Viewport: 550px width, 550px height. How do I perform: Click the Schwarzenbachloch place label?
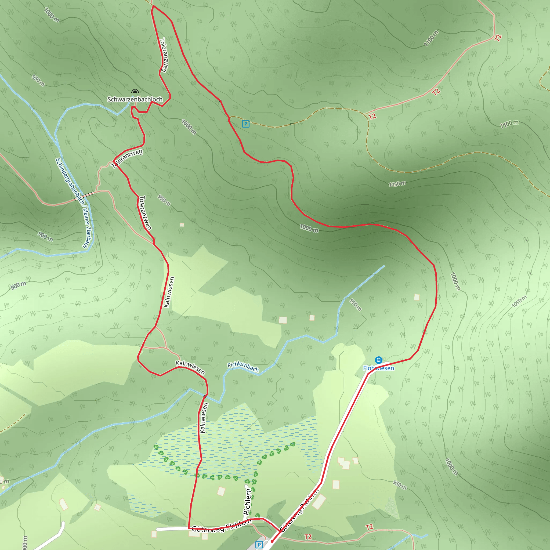pyautogui.click(x=135, y=99)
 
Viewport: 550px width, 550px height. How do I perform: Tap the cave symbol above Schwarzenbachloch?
pyautogui.click(x=135, y=91)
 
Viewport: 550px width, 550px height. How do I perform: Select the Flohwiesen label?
pyautogui.click(x=378, y=368)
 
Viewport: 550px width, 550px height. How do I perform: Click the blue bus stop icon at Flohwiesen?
pyautogui.click(x=378, y=360)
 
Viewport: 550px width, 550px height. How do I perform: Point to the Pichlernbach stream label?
pyautogui.click(x=243, y=367)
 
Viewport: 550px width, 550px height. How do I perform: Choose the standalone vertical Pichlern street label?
pyautogui.click(x=247, y=501)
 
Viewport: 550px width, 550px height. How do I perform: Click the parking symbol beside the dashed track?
pyautogui.click(x=245, y=124)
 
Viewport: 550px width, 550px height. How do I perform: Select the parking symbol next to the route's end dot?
pyautogui.click(x=259, y=545)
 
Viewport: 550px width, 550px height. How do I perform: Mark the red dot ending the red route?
pyautogui.click(x=272, y=541)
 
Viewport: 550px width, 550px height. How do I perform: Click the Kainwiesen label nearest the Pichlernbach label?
pyautogui.click(x=190, y=367)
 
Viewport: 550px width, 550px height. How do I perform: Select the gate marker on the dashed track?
pyautogui.click(x=291, y=124)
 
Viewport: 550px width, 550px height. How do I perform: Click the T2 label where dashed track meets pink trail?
pyautogui.click(x=372, y=116)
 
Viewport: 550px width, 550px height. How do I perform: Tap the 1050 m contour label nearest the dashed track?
pyautogui.click(x=397, y=184)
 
